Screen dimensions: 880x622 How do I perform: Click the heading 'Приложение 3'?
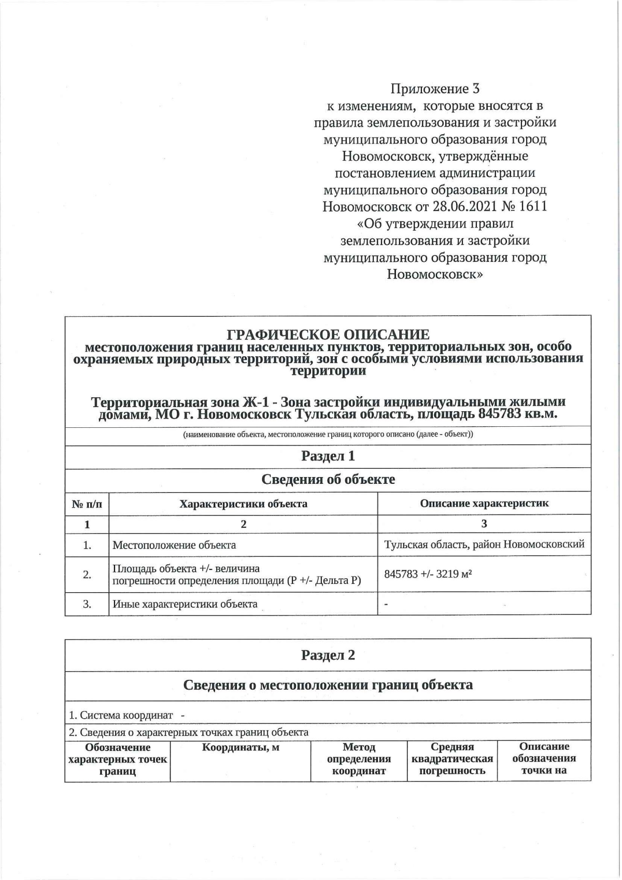pyautogui.click(x=435, y=89)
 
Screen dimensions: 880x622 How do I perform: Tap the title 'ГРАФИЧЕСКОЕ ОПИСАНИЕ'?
pyautogui.click(x=328, y=334)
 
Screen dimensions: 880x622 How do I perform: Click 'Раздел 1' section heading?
pyautogui.click(x=328, y=456)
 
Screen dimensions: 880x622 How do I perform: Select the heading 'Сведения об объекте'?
pyautogui.click(x=328, y=480)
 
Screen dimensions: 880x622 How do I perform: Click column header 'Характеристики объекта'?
pyautogui.click(x=243, y=504)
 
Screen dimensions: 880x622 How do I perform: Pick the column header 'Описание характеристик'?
pyautogui.click(x=484, y=503)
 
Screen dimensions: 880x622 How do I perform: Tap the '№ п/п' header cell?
pyautogui.click(x=87, y=504)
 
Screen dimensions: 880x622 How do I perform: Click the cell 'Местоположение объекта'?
pyautogui.click(x=174, y=545)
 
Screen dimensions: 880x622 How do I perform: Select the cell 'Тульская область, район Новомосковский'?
pyautogui.click(x=484, y=544)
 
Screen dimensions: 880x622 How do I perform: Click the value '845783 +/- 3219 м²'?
pyautogui.click(x=428, y=574)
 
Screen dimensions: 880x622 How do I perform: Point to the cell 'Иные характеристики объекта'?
pyautogui.click(x=185, y=604)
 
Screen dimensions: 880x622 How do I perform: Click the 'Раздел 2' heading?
pyautogui.click(x=328, y=655)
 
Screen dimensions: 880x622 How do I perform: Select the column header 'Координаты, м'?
pyautogui.click(x=241, y=748)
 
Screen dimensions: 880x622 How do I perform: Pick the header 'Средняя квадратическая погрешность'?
pyautogui.click(x=452, y=759)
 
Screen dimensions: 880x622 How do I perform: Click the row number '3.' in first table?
pyautogui.click(x=87, y=604)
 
